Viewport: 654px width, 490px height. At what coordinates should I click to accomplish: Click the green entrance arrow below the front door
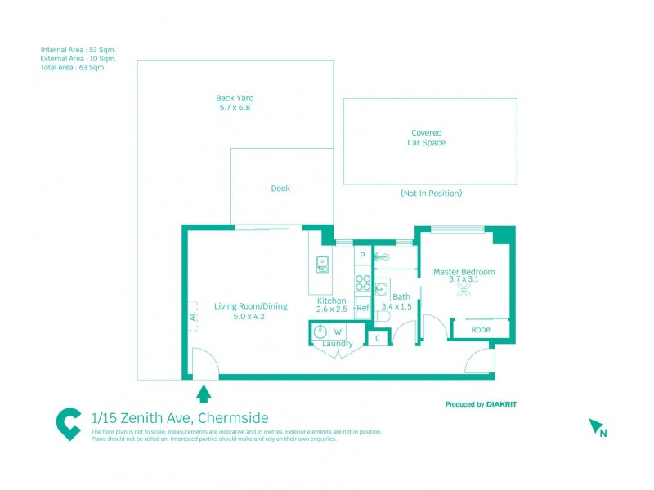[x=204, y=394]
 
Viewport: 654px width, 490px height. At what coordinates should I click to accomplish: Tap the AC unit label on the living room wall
[x=193, y=315]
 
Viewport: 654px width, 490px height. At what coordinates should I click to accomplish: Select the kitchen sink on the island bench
[x=322, y=264]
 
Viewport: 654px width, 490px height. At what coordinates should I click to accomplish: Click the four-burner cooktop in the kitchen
[x=363, y=283]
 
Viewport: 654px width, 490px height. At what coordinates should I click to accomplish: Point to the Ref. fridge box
[x=363, y=308]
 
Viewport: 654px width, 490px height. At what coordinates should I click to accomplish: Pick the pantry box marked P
[x=362, y=256]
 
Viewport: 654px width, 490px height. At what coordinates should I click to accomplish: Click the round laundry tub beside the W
[x=320, y=332]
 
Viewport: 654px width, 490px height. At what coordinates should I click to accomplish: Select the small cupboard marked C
[x=378, y=337]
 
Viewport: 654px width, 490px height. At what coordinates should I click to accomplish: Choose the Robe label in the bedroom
[x=480, y=330]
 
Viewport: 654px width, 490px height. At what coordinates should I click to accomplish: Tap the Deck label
[x=280, y=189]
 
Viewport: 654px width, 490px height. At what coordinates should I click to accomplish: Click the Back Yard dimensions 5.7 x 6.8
[x=235, y=108]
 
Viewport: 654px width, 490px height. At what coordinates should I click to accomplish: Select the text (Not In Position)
[x=431, y=194]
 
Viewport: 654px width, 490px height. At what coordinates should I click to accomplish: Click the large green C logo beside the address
[x=69, y=424]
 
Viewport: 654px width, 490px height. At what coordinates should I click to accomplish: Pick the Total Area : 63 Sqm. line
[x=73, y=68]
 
